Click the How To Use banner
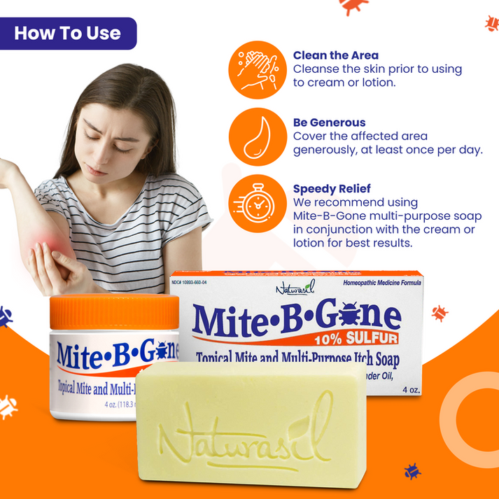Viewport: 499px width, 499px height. pyautogui.click(x=68, y=33)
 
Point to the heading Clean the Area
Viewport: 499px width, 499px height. pyautogui.click(x=336, y=55)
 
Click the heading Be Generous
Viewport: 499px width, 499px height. pyautogui.click(x=329, y=122)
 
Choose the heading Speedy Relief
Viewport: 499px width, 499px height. pyautogui.click(x=332, y=189)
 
